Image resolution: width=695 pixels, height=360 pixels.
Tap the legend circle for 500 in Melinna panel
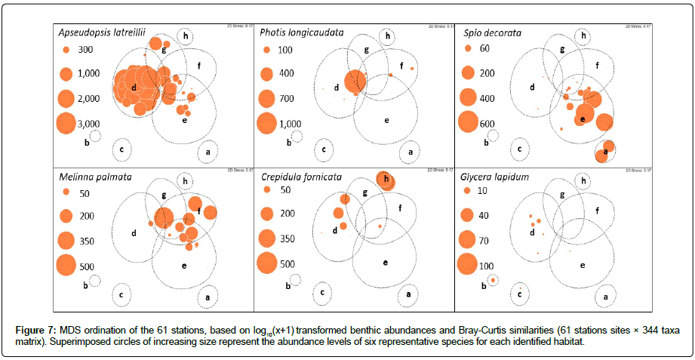pyautogui.click(x=65, y=265)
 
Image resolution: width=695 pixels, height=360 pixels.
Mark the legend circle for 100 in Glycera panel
pyautogui.click(x=467, y=264)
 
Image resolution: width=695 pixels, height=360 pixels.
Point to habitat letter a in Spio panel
pyautogui.click(x=605, y=152)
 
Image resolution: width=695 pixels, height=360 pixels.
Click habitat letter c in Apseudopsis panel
pyautogui.click(x=122, y=149)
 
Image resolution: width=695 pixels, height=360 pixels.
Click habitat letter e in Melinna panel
pyautogui.click(x=184, y=265)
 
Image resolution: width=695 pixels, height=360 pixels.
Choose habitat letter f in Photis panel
pyautogui.click(x=401, y=66)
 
